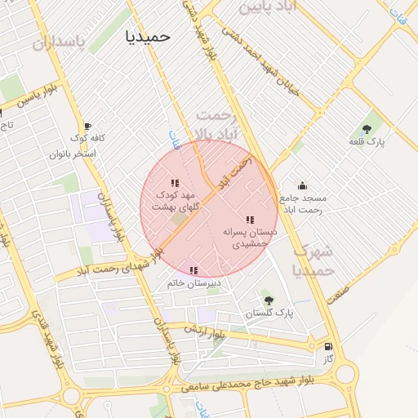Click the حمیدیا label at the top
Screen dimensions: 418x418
pos(143,37)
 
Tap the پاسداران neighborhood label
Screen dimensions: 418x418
pos(59,43)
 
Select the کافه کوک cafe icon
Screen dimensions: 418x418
pos(87,127)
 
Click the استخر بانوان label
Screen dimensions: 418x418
pos(73,153)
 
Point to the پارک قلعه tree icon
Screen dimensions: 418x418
pos(367,128)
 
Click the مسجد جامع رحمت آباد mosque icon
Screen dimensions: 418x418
pos(302,186)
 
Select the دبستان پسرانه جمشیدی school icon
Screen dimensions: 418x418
pos(250,220)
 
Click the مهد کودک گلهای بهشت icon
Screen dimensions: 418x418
pos(174,183)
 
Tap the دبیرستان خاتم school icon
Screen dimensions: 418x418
pos(193,270)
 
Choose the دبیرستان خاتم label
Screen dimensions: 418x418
pos(193,283)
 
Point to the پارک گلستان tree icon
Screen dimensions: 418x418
pos(268,300)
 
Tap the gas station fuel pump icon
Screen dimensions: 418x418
pos(328,345)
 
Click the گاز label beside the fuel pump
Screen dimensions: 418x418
pos(328,358)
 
